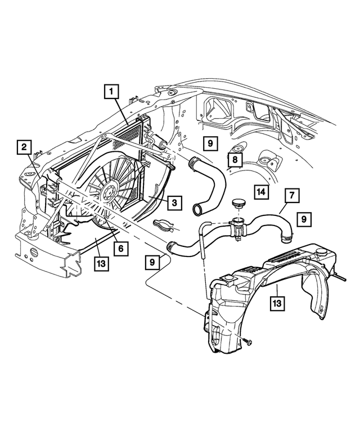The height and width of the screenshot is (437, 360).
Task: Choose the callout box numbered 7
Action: [292, 196]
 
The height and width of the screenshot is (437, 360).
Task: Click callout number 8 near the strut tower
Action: [235, 160]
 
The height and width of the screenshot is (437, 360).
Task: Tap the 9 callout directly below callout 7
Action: [303, 219]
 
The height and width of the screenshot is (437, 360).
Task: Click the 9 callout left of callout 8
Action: [209, 145]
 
